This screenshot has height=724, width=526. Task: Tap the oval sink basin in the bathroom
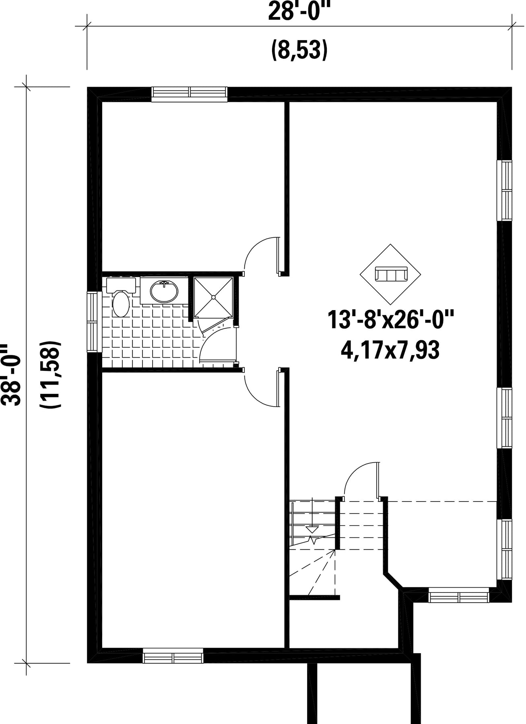(164, 291)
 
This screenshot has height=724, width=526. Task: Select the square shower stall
(213, 297)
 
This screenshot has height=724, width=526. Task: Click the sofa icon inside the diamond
(391, 274)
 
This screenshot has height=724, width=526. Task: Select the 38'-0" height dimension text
(12, 375)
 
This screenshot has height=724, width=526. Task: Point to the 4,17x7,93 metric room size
(390, 350)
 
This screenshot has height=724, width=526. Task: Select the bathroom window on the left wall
(93, 322)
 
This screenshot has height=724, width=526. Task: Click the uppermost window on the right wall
(505, 190)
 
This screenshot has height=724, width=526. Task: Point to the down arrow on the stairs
(312, 529)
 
